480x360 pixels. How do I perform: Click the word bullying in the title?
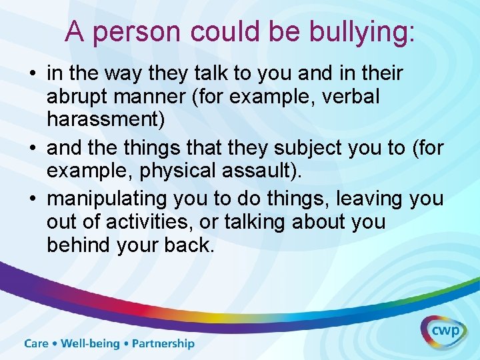[x=356, y=32]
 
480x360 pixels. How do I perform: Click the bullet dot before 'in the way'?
[x=33, y=73]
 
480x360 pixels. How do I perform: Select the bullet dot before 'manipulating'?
[x=33, y=198]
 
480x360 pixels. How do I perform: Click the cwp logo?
[x=443, y=331]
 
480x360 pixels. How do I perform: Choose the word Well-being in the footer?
[x=91, y=344]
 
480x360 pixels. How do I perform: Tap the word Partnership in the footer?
[x=163, y=344]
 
